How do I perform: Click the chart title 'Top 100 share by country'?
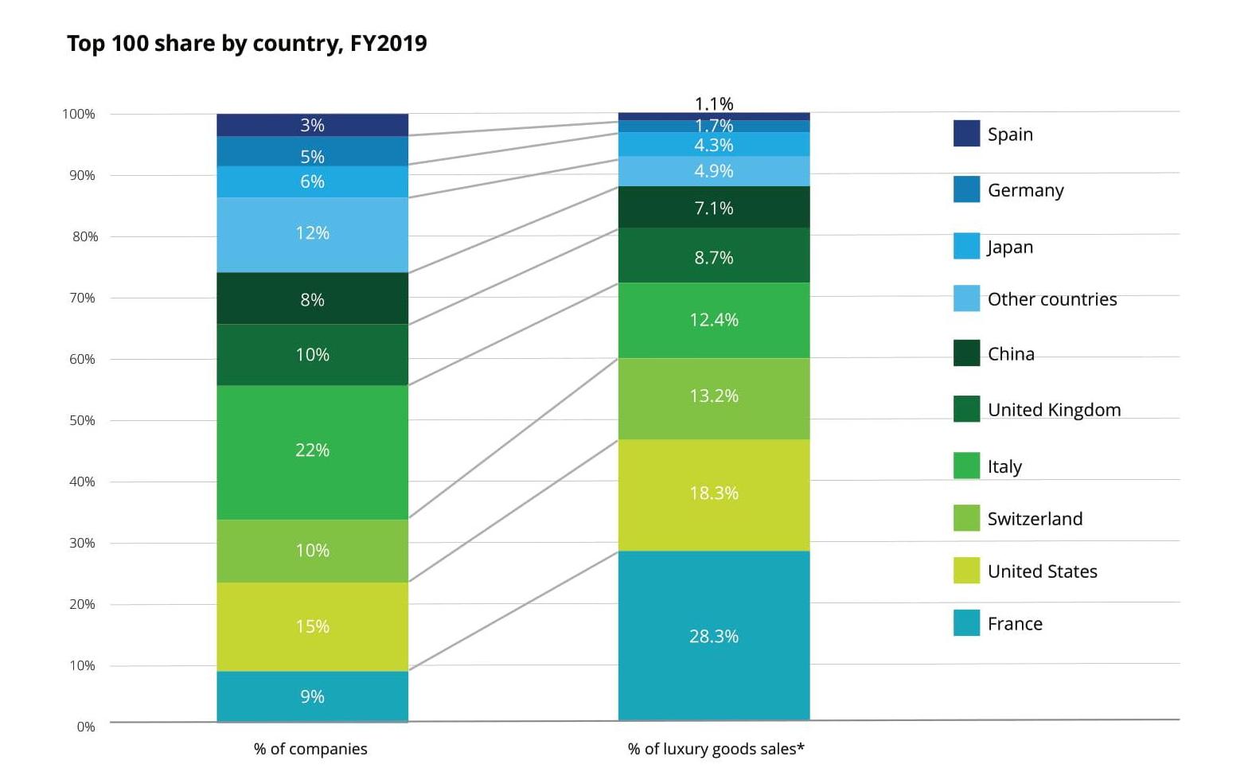247,43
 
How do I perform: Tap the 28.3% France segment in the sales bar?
713,635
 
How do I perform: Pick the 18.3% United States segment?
713,494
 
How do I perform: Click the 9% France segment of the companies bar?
312,696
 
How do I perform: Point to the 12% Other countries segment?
312,234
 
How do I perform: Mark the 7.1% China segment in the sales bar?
713,207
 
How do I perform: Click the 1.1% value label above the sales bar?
714,103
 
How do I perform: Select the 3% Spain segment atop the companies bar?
312,125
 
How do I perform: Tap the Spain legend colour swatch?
966,134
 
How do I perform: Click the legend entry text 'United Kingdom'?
1054,410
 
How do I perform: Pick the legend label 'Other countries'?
1052,299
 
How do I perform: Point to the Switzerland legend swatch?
966,518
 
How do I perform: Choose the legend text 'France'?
1015,624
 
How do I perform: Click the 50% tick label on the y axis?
82,420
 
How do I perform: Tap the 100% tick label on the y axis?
79,114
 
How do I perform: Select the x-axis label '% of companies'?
310,749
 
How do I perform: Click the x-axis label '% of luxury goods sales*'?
716,749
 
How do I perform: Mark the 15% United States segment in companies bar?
312,626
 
